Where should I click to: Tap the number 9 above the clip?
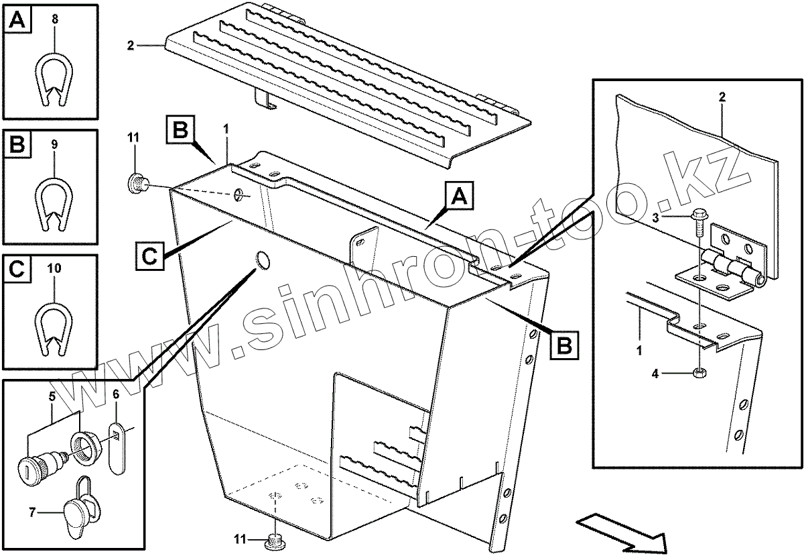point(54,144)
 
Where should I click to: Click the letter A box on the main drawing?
point(459,197)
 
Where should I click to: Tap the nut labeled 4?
point(700,372)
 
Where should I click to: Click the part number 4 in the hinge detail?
point(655,374)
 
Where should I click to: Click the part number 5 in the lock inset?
point(52,396)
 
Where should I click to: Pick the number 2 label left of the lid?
point(130,46)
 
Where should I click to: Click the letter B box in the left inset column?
point(17,144)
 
